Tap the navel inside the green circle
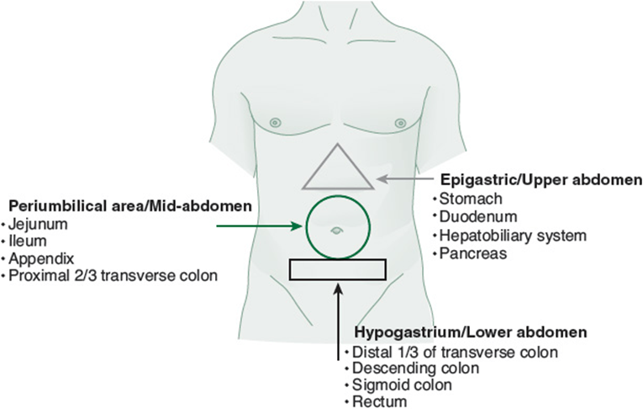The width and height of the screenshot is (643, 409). [336, 231]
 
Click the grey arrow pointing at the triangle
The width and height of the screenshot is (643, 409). [405, 179]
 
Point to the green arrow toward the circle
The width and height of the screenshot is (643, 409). [259, 226]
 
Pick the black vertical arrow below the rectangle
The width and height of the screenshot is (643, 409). [338, 321]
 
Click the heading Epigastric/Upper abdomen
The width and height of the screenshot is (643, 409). [541, 180]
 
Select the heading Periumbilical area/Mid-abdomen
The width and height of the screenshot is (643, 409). [130, 205]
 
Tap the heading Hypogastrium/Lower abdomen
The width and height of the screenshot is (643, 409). [471, 332]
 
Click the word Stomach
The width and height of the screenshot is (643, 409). [471, 199]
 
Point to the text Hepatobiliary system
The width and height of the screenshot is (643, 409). [513, 236]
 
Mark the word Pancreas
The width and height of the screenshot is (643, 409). [473, 253]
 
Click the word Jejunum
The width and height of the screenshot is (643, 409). [38, 224]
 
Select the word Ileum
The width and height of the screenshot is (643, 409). [28, 241]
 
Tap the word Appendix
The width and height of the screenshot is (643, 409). [41, 259]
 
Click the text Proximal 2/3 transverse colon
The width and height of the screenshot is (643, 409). [113, 275]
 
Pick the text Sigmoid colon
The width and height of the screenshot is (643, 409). [403, 385]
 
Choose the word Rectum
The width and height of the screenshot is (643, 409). [380, 401]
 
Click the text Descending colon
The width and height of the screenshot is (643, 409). [416, 368]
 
